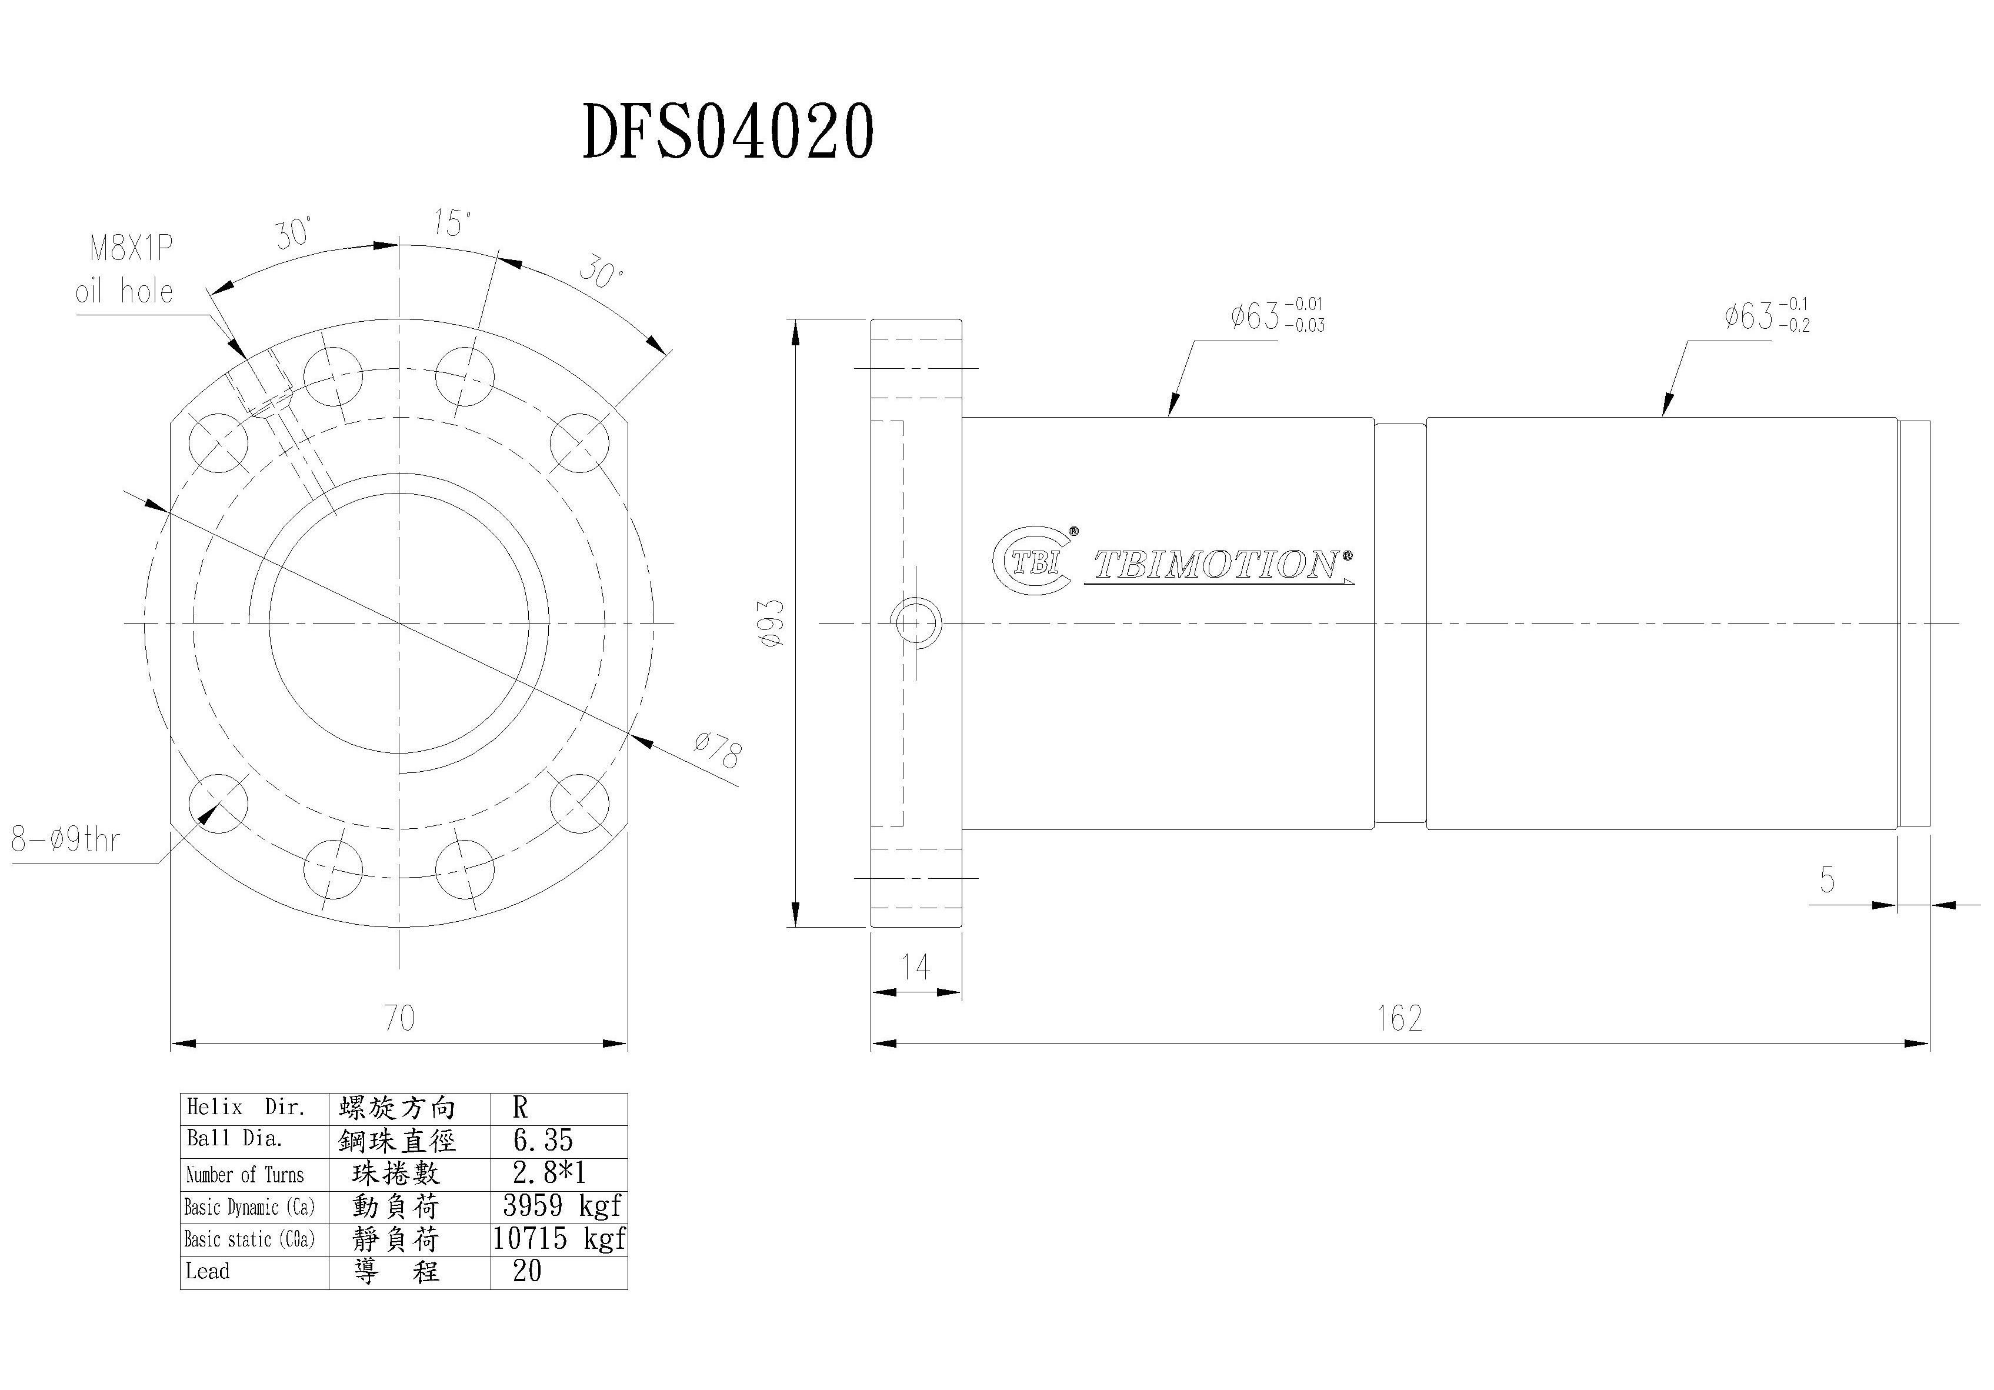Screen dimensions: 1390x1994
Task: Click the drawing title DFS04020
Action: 728,131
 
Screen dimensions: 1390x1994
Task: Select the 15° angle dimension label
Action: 452,224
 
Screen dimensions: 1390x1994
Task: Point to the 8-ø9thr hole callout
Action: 65,840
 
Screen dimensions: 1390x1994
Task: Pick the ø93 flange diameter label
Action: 772,622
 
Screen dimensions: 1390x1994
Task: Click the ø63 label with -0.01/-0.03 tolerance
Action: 1276,316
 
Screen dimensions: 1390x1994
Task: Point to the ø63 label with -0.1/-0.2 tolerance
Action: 1766,316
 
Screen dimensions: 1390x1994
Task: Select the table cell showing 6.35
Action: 543,1141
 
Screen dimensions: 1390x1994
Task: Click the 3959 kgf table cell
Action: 561,1206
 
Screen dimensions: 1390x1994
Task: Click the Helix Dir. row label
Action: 246,1108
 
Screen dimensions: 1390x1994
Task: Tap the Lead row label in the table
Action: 208,1271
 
